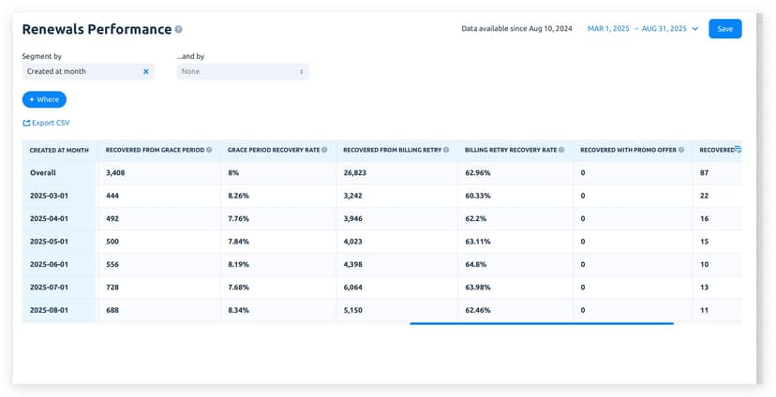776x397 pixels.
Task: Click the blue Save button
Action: (724, 29)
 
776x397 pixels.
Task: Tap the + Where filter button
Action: (44, 99)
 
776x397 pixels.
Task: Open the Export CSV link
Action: (46, 123)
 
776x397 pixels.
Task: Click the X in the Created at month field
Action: (145, 71)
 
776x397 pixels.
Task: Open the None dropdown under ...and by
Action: (243, 71)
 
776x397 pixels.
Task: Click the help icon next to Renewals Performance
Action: (179, 30)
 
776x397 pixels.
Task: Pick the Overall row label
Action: (43, 173)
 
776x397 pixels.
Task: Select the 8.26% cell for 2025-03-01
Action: (239, 196)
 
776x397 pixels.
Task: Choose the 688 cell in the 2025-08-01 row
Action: (113, 310)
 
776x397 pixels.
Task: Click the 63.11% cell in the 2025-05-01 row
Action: (479, 242)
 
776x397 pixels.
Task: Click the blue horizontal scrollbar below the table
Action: (542, 323)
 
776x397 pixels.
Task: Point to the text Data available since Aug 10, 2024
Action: (516, 29)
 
